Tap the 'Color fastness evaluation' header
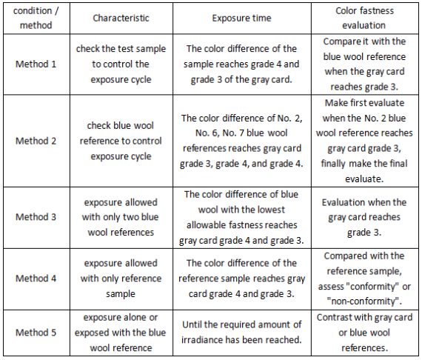tap(364, 17)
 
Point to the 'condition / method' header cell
tap(35, 17)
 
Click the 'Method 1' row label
tap(35, 64)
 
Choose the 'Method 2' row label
tap(35, 141)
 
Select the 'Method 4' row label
tap(35, 278)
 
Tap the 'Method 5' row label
tap(35, 332)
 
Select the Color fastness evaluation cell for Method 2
tap(364, 141)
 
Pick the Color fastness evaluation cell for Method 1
tap(364, 64)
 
